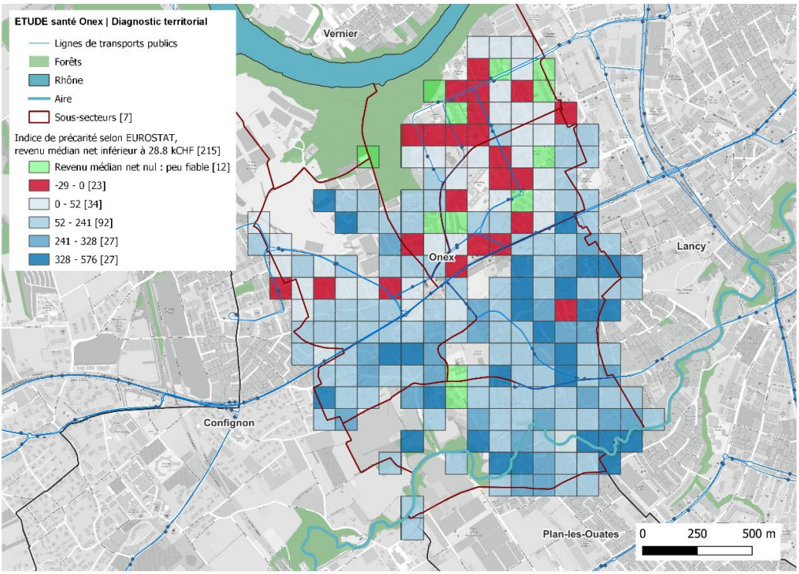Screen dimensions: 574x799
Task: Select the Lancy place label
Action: pos(690,246)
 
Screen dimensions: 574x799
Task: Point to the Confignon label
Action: pos(228,423)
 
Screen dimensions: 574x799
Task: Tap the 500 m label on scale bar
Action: pos(760,534)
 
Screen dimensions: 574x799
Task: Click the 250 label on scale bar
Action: pos(697,534)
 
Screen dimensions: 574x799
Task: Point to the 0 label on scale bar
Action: pos(643,534)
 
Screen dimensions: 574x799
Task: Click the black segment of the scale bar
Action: pos(669,551)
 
